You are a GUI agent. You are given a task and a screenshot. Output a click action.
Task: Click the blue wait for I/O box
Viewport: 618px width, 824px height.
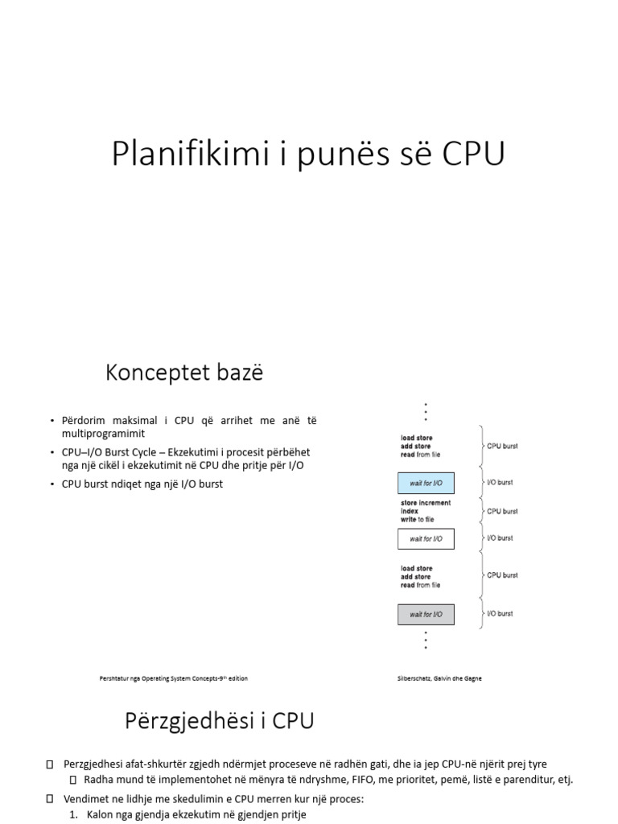pos(426,483)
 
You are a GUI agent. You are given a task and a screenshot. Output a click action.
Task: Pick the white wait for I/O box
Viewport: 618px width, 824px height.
pos(426,538)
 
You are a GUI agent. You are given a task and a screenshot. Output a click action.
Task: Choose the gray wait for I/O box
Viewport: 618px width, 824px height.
pos(426,615)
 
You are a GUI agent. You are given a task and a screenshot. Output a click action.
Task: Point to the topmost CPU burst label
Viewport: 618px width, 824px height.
pos(502,446)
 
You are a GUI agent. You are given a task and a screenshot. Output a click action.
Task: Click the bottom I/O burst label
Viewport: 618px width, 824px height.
pos(500,614)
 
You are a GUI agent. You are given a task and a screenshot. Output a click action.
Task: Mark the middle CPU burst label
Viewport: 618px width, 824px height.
pos(502,511)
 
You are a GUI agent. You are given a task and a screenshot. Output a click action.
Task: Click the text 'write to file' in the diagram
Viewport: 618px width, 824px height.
pos(417,520)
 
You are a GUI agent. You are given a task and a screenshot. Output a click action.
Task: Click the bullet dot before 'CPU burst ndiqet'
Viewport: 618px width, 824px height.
pos(51,484)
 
